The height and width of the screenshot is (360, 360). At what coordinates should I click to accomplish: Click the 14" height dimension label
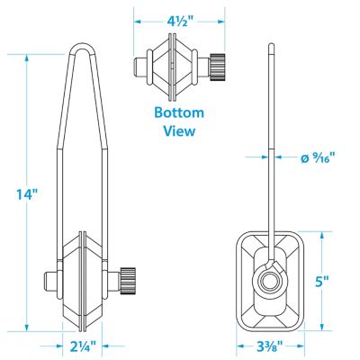pyautogui.click(x=28, y=194)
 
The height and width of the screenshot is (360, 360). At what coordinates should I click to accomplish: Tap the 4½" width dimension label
pyautogui.click(x=179, y=22)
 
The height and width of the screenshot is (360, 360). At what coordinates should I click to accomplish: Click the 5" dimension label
pyautogui.click(x=322, y=282)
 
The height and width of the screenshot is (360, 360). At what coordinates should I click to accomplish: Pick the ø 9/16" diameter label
pyautogui.click(x=318, y=157)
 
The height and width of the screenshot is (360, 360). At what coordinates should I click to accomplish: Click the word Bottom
pyautogui.click(x=179, y=112)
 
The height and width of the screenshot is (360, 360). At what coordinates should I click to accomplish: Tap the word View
pyautogui.click(x=179, y=130)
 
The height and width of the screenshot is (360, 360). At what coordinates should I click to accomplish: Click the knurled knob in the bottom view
pyautogui.click(x=218, y=67)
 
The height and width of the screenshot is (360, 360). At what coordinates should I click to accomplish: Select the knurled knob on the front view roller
pyautogui.click(x=128, y=280)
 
